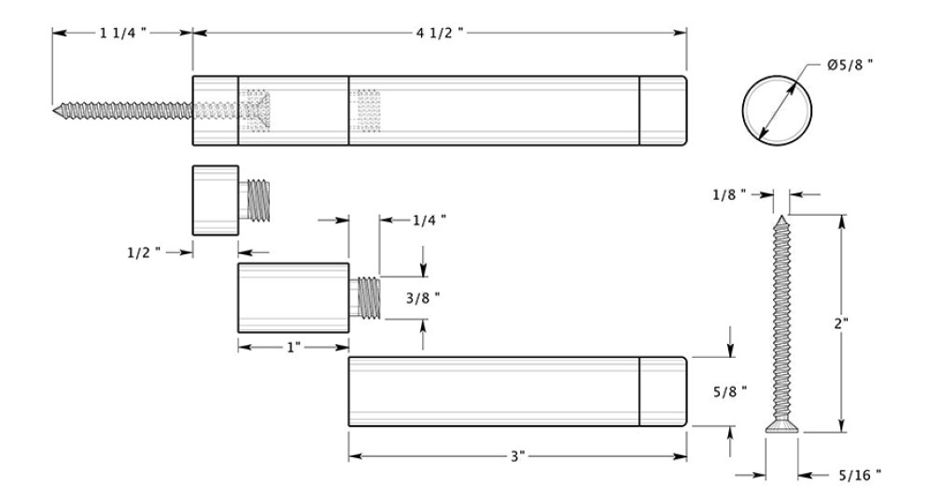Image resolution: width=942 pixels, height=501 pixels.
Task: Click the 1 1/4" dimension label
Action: pyautogui.click(x=123, y=33)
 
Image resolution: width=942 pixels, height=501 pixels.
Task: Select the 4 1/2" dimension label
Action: pyautogui.click(x=440, y=33)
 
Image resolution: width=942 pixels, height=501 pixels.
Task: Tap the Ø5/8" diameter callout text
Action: pyautogui.click(x=850, y=64)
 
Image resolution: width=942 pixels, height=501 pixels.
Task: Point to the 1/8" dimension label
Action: pyautogui.click(x=729, y=194)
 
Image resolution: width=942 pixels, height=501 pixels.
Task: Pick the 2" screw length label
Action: pyautogui.click(x=841, y=323)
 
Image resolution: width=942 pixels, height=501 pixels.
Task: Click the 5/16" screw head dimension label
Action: pyautogui.click(x=860, y=475)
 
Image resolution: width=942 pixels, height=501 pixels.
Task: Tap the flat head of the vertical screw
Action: pyautogui.click(x=781, y=427)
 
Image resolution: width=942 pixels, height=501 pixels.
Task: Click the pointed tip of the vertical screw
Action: pyautogui.click(x=781, y=216)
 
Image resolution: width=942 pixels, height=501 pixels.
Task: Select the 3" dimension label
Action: pyautogui.click(x=518, y=456)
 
